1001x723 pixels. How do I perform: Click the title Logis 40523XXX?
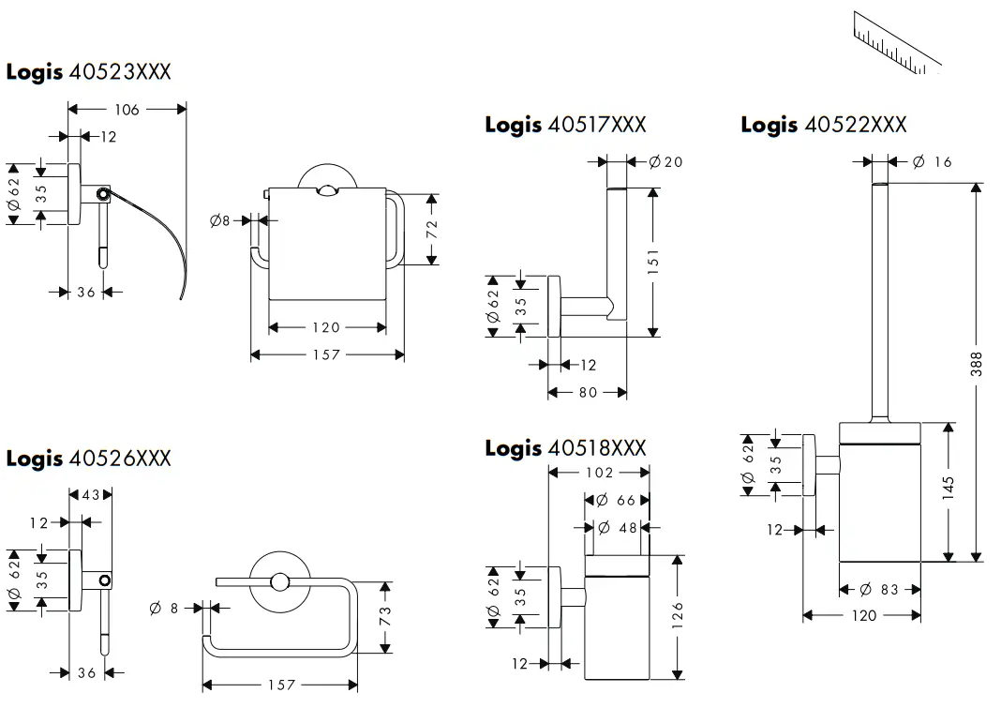pos(89,72)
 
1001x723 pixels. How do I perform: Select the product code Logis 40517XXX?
pos(565,125)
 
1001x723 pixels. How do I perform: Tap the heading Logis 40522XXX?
pos(823,125)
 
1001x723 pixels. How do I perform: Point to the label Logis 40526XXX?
pos(89,459)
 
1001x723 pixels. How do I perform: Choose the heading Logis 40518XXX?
pos(565,448)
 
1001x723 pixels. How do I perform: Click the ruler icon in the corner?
pos(897,42)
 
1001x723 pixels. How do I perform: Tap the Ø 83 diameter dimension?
pos(879,590)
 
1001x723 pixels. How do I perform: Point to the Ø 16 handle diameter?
pos(932,162)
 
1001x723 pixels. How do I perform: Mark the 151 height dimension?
pos(653,262)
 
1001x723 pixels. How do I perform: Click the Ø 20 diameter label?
pos(665,162)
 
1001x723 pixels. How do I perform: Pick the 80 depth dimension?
pos(588,392)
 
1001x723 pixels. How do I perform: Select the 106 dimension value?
pos(127,110)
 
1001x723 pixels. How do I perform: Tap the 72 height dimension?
pos(432,230)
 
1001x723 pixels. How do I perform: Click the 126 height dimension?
pos(678,615)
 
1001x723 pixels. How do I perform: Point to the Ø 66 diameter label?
pos(616,501)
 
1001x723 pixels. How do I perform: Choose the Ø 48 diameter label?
pos(617,528)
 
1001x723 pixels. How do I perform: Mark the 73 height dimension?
pos(385,617)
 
